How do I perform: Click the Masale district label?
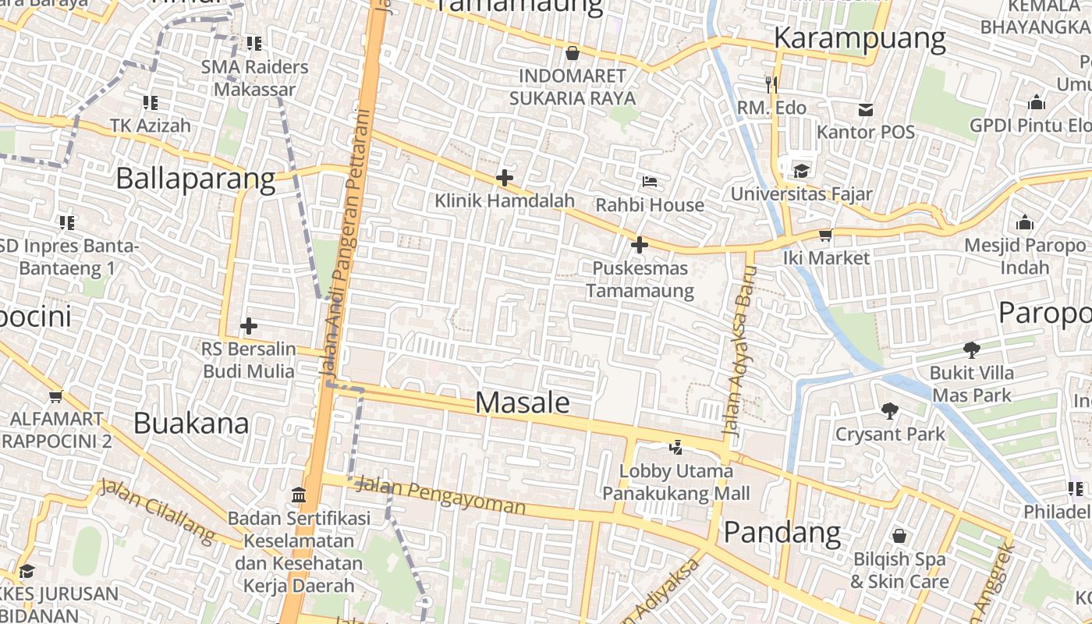pos(523,402)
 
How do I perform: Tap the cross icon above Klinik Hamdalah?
pos(505,178)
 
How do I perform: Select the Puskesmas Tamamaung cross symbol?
pos(639,245)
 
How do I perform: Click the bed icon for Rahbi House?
pos(649,182)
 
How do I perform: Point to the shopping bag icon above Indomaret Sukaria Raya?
pos(573,53)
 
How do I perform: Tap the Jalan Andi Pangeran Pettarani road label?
pos(344,242)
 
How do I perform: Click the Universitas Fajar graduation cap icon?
pos(801,171)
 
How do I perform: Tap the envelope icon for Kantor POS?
pos(865,109)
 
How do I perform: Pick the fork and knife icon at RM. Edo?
pos(771,83)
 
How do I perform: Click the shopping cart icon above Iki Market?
pos(825,235)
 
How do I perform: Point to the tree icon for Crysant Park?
pos(889,410)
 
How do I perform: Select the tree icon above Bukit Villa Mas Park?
pos(971,349)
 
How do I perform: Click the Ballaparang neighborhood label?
pos(196,179)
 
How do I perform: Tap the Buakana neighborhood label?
pos(191,424)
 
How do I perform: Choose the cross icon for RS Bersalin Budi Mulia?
pos(249,325)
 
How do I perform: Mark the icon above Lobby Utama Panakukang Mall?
pos(676,448)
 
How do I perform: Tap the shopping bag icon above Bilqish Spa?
pos(899,536)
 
